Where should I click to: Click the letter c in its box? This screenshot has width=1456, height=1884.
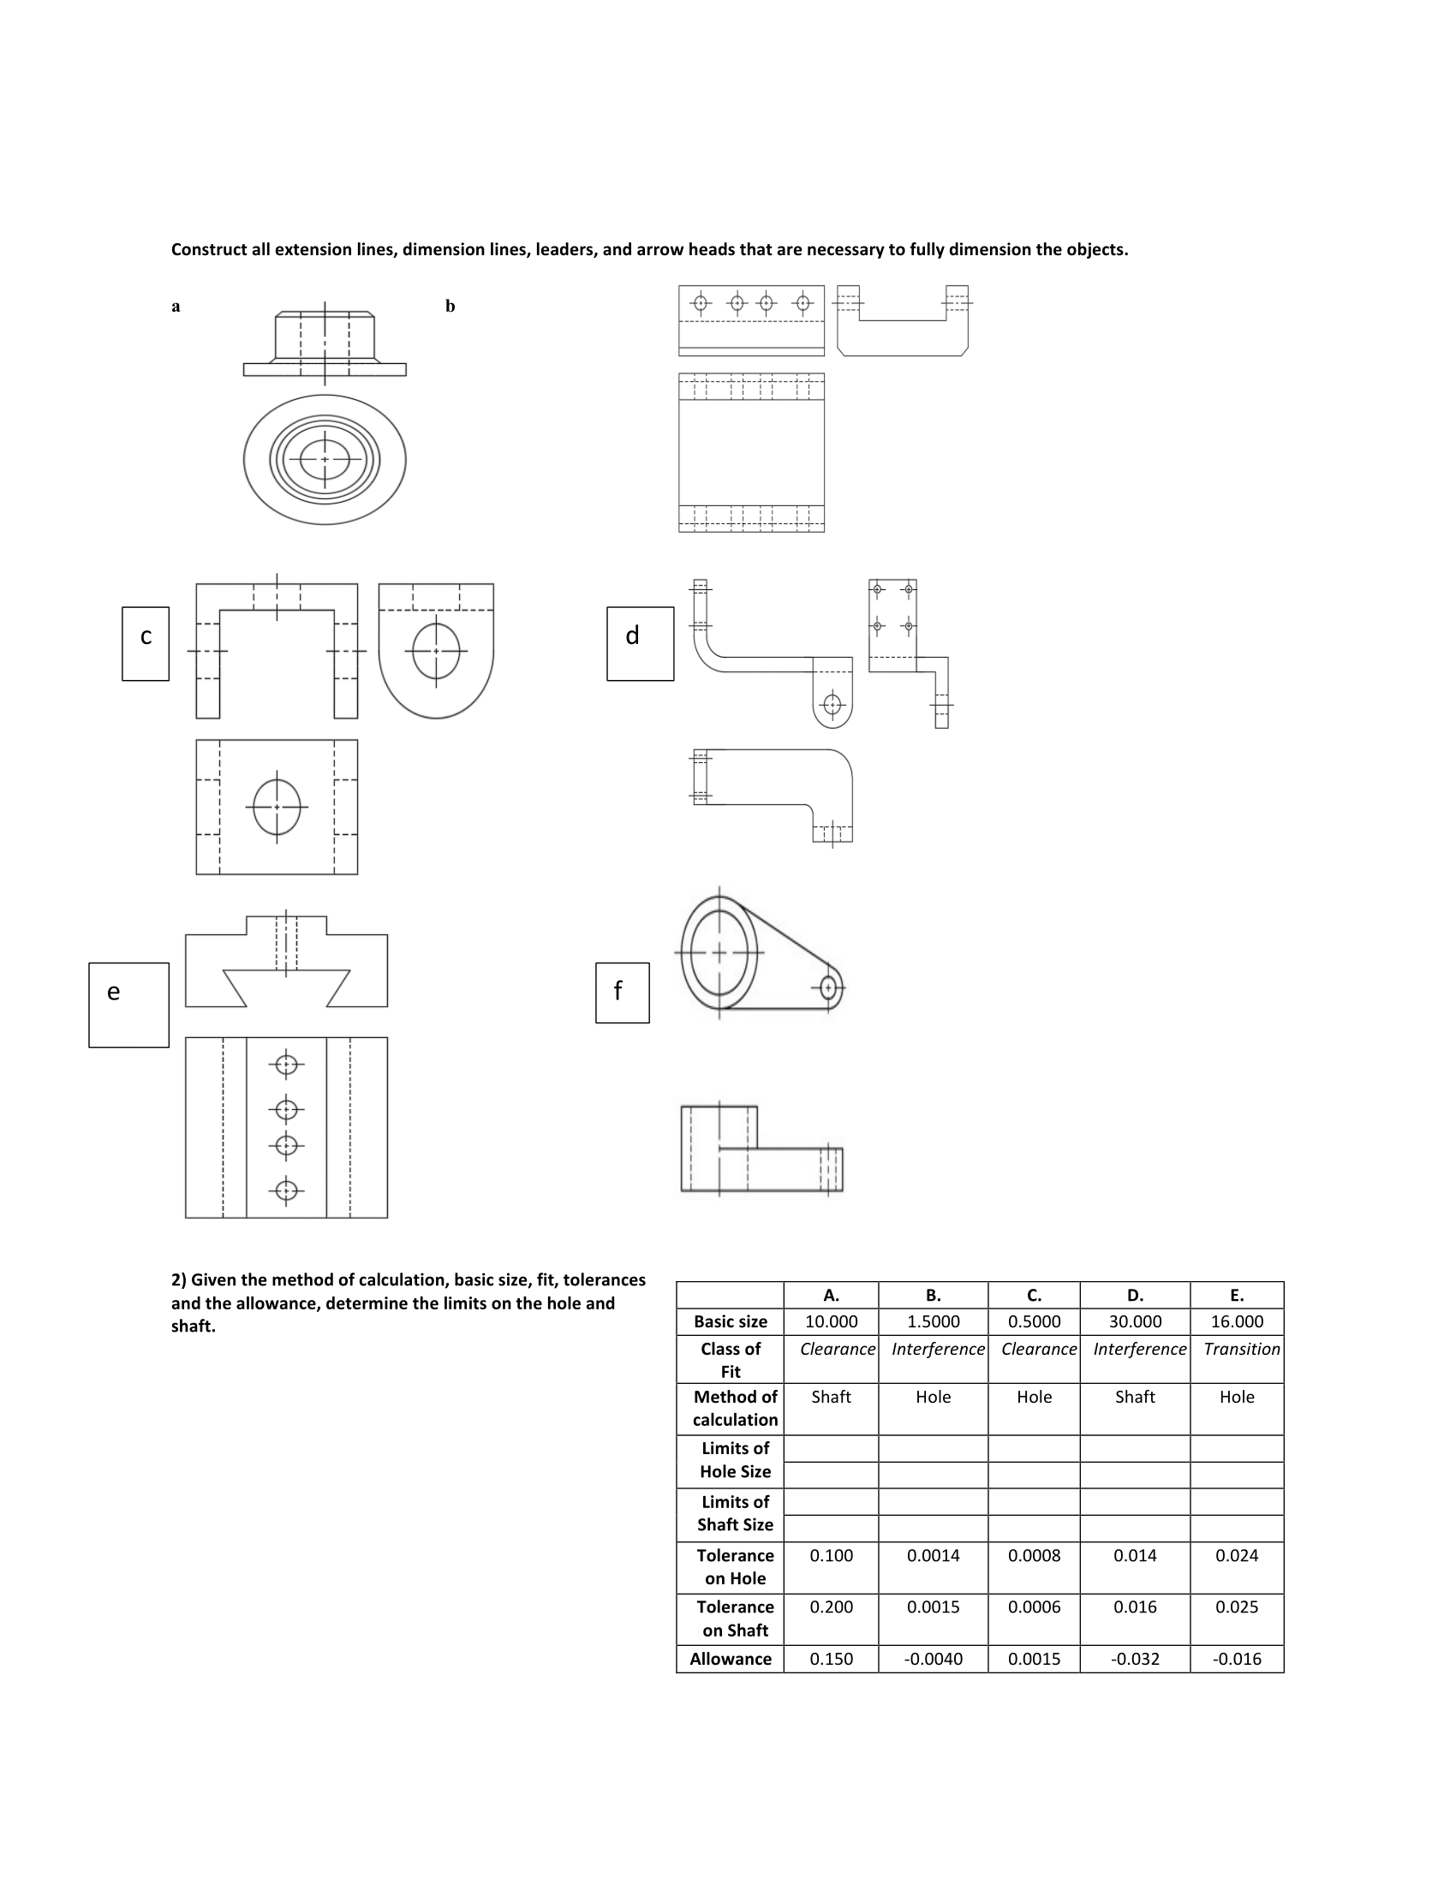click(x=146, y=636)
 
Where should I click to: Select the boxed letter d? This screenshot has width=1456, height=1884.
click(x=632, y=636)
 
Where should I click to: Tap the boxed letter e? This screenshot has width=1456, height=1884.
click(x=113, y=992)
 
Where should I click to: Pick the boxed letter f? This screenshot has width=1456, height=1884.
click(x=618, y=991)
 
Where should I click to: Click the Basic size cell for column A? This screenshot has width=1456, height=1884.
click(x=831, y=1321)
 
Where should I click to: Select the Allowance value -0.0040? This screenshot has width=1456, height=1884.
click(x=933, y=1659)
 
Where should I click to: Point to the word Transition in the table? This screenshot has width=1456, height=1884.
click(x=1241, y=1349)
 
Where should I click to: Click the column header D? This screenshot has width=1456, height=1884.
click(x=1134, y=1295)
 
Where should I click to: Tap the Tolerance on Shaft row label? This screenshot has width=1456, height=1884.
click(x=734, y=1619)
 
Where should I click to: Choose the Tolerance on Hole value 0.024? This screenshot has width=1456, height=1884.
click(x=1236, y=1555)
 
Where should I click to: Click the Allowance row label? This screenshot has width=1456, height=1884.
click(x=730, y=1659)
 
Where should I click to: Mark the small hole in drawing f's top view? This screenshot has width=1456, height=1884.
click(x=828, y=987)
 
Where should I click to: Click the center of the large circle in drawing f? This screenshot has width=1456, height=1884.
click(x=719, y=953)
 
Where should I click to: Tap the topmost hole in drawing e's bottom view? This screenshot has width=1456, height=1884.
click(x=286, y=1065)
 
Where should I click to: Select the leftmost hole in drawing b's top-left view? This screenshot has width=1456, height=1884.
click(x=701, y=303)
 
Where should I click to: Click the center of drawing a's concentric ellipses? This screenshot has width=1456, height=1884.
click(x=325, y=459)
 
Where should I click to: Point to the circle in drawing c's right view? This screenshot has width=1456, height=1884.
click(x=436, y=651)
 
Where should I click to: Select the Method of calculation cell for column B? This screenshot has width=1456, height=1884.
click(x=933, y=1397)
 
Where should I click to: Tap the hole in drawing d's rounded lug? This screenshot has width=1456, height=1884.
click(x=832, y=705)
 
